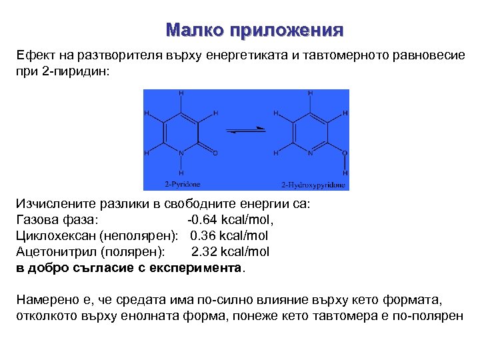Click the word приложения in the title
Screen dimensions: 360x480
tap(286, 31)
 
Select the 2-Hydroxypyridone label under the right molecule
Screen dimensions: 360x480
tap(313, 184)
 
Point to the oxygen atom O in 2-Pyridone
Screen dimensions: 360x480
tap(215, 153)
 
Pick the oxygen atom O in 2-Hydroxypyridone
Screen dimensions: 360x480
tap(345, 153)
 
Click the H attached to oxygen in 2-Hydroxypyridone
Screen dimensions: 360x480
tap(345, 173)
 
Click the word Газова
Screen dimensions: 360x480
tap(38, 219)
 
